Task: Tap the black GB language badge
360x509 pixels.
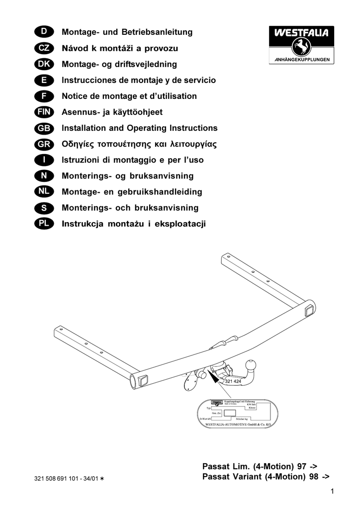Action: click(44, 128)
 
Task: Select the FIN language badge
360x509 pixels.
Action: click(44, 112)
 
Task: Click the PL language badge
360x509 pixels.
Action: click(44, 224)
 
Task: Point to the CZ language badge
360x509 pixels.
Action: click(44, 49)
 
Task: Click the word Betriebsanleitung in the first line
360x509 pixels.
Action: click(159, 33)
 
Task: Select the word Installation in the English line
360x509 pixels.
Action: click(83, 128)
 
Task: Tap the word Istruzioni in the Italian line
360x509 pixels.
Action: click(80, 160)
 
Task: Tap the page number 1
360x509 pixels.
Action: click(331, 492)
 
